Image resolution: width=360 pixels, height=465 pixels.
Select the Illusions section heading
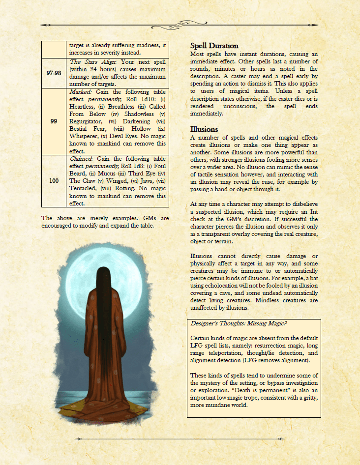point(204,129)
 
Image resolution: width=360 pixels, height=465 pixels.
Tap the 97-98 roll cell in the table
point(54,73)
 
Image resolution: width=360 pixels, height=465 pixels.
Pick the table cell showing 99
point(54,121)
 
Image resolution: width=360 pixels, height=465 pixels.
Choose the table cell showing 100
point(54,181)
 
